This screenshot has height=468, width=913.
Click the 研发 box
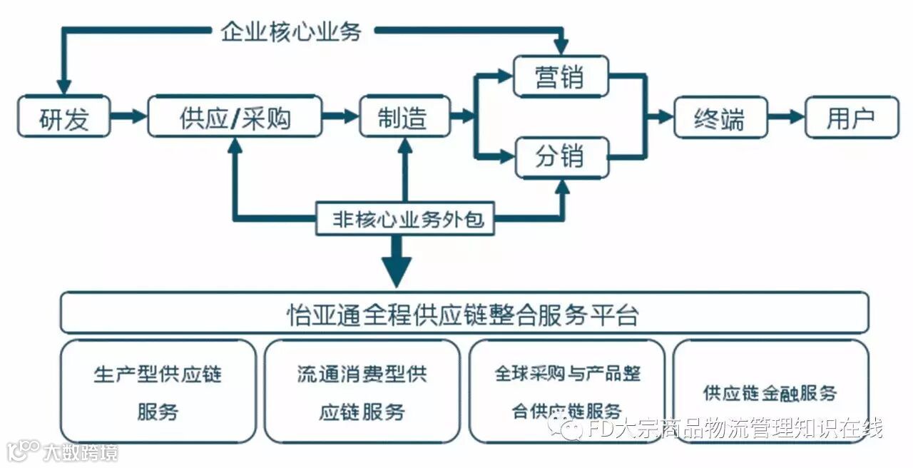pyautogui.click(x=64, y=117)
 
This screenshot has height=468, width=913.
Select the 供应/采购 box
pyautogui.click(x=235, y=117)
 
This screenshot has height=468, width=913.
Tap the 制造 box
pyautogui.click(x=404, y=117)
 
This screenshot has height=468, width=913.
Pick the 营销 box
pyautogui.click(x=561, y=76)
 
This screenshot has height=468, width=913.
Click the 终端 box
pyautogui.click(x=719, y=117)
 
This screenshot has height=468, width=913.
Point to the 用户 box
pyautogui.click(x=851, y=117)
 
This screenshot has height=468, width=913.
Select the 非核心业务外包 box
pyautogui.click(x=404, y=219)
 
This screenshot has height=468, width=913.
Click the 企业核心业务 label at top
pyautogui.click(x=291, y=31)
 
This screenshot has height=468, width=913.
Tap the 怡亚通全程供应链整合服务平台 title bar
pyautogui.click(x=464, y=313)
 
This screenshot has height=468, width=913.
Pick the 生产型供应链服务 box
pyautogui.click(x=158, y=392)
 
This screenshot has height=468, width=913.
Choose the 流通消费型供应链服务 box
pyautogui.click(x=362, y=392)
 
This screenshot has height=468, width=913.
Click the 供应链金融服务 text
pyautogui.click(x=770, y=392)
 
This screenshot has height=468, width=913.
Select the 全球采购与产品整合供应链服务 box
pyautogui.click(x=567, y=392)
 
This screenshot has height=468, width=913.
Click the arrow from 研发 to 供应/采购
pyautogui.click(x=128, y=117)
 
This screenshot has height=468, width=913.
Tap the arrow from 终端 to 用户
pyautogui.click(x=786, y=117)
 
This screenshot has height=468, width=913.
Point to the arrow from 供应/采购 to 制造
pyautogui.click(x=340, y=117)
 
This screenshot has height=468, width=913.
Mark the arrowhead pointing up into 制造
pyautogui.click(x=404, y=145)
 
